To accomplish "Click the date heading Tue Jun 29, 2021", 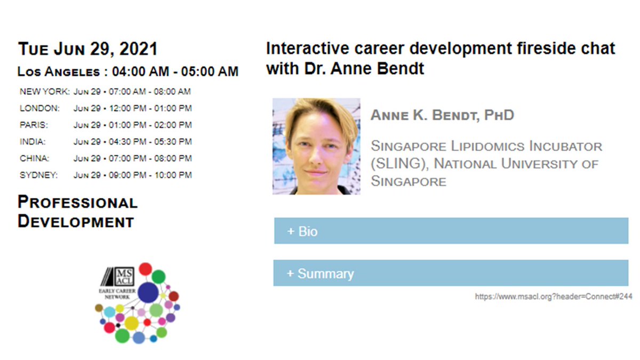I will click(88, 50).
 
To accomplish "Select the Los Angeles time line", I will click(128, 71).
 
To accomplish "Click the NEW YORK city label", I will click(44, 92).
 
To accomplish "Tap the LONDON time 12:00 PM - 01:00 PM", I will click(133, 108).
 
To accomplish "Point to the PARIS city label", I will click(34, 125).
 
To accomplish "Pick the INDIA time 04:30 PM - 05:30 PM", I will click(133, 142).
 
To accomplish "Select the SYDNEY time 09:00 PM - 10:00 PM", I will click(133, 175).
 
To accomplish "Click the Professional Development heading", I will click(77, 212).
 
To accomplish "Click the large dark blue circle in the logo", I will click(148, 292).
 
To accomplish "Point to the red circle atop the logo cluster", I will click(145, 268).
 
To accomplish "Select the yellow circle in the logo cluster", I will click(132, 323).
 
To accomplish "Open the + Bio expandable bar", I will click(451, 231).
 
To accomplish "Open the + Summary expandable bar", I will click(451, 273).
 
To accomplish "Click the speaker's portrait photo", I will click(316, 146).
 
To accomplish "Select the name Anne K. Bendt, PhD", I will click(442, 115).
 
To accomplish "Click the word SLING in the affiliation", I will click(395, 164).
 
